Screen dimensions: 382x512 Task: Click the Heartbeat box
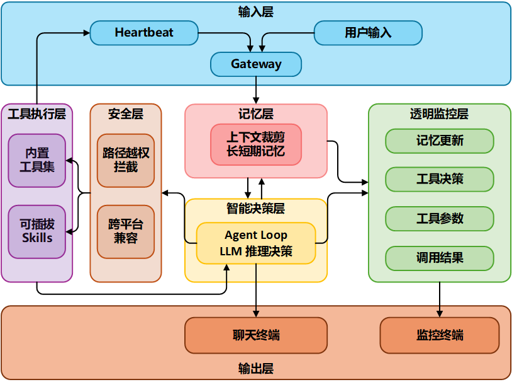click(x=144, y=33)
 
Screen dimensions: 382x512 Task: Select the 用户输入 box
click(x=368, y=33)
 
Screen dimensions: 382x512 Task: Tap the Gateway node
click(x=256, y=64)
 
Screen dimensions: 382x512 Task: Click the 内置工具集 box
click(x=37, y=161)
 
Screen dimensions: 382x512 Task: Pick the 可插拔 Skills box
click(x=37, y=231)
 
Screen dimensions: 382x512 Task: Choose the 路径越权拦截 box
click(x=126, y=161)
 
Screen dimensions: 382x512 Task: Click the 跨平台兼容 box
click(x=126, y=231)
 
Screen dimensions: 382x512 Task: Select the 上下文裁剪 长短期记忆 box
click(x=256, y=144)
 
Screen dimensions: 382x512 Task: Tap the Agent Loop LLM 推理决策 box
click(x=256, y=243)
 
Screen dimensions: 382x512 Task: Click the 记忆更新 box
click(x=440, y=141)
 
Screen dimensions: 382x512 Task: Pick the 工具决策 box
click(x=440, y=180)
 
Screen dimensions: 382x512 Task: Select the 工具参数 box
click(x=440, y=218)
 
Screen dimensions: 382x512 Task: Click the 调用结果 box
click(x=440, y=257)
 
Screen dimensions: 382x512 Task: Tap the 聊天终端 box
click(x=256, y=335)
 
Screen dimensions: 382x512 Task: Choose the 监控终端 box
click(x=440, y=335)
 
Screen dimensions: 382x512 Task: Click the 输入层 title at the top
click(x=256, y=11)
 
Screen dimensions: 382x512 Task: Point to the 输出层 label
click(x=256, y=368)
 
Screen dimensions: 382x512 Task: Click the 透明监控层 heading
click(x=440, y=114)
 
